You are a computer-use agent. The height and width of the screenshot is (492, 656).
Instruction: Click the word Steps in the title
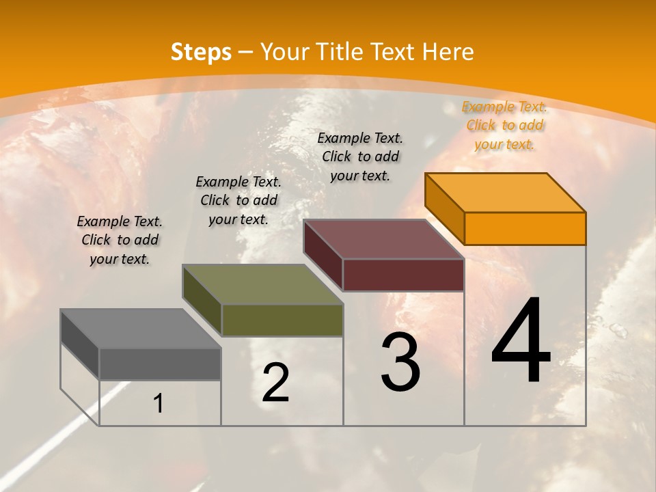[x=201, y=52]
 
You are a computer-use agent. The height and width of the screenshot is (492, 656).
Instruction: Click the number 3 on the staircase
[x=400, y=362]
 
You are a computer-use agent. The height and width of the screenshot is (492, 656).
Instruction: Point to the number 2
[x=275, y=383]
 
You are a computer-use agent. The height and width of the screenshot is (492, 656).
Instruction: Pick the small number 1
[x=159, y=404]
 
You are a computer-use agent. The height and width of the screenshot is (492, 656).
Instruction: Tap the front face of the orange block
[x=525, y=228]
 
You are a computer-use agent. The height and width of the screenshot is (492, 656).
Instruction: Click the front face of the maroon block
[x=403, y=275]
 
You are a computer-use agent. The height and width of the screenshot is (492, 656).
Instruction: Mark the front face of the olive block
[x=282, y=320]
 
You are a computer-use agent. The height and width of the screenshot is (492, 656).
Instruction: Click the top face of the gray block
[x=141, y=329]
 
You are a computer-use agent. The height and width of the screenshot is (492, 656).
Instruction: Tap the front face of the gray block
[x=160, y=364]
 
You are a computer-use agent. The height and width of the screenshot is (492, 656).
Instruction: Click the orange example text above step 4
[x=504, y=125]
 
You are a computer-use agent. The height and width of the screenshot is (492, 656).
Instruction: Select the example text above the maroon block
[x=360, y=156]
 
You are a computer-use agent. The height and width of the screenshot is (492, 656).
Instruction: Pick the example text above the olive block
[x=238, y=200]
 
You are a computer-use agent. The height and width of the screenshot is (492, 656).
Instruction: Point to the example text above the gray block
[x=120, y=240]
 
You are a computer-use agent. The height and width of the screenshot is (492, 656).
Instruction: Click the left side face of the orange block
[x=445, y=208]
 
